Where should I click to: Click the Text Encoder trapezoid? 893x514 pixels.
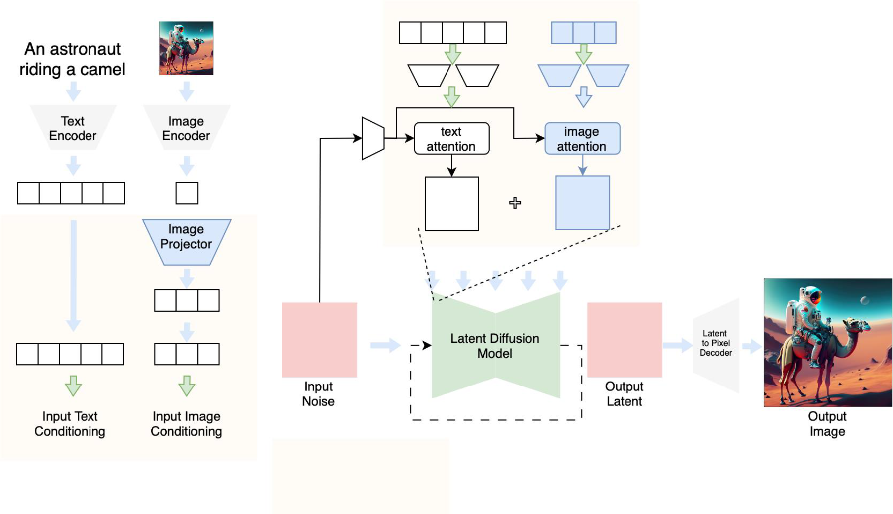[x=73, y=128]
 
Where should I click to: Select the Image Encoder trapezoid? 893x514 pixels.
[x=186, y=128]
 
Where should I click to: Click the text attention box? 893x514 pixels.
[x=452, y=138]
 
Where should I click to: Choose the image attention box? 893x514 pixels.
[x=582, y=138]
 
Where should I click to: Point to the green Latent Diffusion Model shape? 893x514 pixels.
[x=495, y=346]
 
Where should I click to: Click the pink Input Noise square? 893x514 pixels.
[x=320, y=340]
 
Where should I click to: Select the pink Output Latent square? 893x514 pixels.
[x=624, y=340]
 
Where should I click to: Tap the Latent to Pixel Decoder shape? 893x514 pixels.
[x=716, y=344]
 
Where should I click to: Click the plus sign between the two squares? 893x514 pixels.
[x=515, y=203]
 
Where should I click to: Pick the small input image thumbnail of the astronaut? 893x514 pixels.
[x=186, y=48]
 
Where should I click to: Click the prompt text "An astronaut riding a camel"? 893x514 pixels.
[x=72, y=59]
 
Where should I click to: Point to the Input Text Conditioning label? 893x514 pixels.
[x=70, y=424]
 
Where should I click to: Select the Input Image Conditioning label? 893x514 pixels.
[x=186, y=424]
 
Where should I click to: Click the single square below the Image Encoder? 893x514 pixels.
[x=187, y=193]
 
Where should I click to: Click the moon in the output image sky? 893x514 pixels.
[x=865, y=300]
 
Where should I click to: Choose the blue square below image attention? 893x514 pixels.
[x=582, y=203]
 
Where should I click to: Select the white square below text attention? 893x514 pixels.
[x=452, y=204]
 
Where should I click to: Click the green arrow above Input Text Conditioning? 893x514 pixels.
[x=73, y=385]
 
